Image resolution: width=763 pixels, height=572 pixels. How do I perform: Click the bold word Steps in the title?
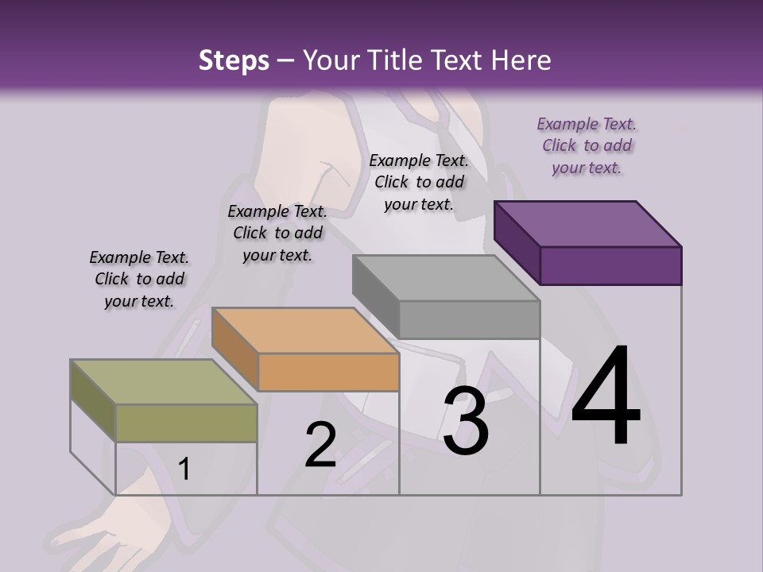[234, 60]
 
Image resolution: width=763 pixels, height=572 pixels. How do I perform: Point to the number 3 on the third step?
[466, 423]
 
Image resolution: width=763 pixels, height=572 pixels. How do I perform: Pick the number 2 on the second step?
[321, 445]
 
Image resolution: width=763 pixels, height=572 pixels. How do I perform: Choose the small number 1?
[184, 469]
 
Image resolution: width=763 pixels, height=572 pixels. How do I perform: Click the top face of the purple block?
[588, 223]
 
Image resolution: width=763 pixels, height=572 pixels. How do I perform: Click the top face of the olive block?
[164, 382]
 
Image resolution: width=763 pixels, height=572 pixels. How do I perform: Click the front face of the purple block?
[610, 265]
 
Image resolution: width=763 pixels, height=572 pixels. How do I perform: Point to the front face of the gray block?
[469, 319]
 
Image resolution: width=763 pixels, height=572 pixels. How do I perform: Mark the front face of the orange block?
[328, 372]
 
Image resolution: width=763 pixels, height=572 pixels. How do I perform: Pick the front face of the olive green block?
[186, 423]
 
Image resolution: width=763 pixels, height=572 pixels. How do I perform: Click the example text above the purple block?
[587, 146]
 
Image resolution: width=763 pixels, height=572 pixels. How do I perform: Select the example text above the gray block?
[419, 183]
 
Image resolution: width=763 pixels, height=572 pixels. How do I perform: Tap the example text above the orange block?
[277, 234]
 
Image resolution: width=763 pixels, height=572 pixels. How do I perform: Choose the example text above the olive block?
[139, 280]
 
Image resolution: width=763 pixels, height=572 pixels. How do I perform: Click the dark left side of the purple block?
[517, 242]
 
